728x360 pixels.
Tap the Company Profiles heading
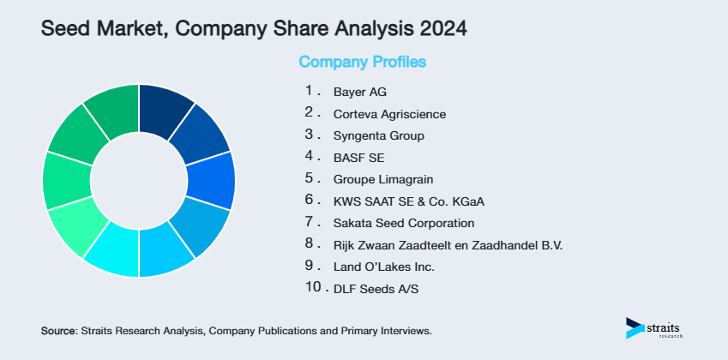tap(362, 62)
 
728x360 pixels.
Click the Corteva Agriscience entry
tap(389, 114)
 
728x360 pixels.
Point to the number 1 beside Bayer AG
tap(309, 90)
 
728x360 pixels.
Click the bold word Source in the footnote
tap(58, 330)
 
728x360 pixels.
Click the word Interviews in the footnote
tap(405, 330)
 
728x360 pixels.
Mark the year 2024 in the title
tap(443, 28)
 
